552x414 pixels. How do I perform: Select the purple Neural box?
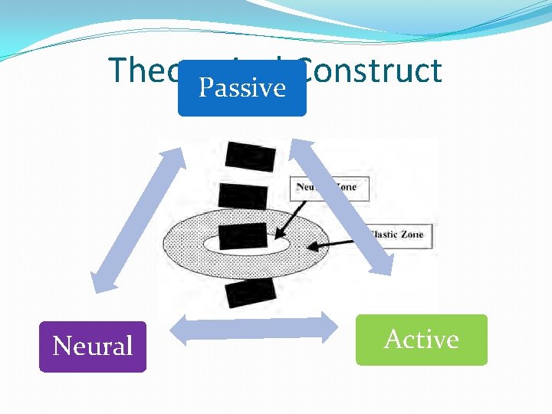(93, 347)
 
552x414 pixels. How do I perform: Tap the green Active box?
(421, 340)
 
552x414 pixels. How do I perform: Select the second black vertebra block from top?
(243, 195)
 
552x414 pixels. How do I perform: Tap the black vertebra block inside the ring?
(245, 235)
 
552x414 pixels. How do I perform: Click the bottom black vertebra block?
(250, 292)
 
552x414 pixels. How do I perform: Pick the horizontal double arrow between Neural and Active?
(252, 329)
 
